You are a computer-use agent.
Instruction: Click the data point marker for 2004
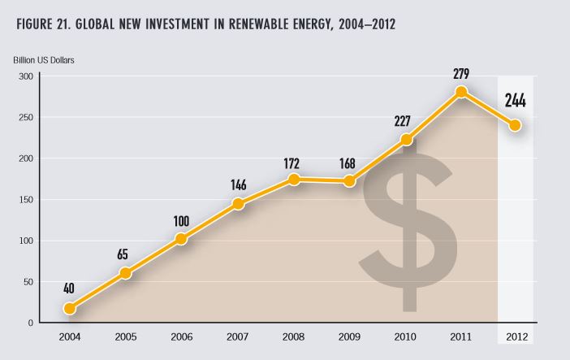[70, 308]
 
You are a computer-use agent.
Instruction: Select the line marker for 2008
[295, 179]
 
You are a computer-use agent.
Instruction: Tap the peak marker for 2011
[461, 92]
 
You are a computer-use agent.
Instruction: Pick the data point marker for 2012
[515, 125]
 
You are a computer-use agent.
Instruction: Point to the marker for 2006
[182, 239]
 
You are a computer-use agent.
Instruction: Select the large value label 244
[514, 101]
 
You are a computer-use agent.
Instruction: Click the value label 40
[70, 288]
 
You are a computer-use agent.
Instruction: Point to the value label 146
[238, 184]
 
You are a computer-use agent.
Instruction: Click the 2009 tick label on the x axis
[350, 336]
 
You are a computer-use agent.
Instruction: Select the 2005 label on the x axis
[126, 336]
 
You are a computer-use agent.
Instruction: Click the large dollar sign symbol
[409, 232]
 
